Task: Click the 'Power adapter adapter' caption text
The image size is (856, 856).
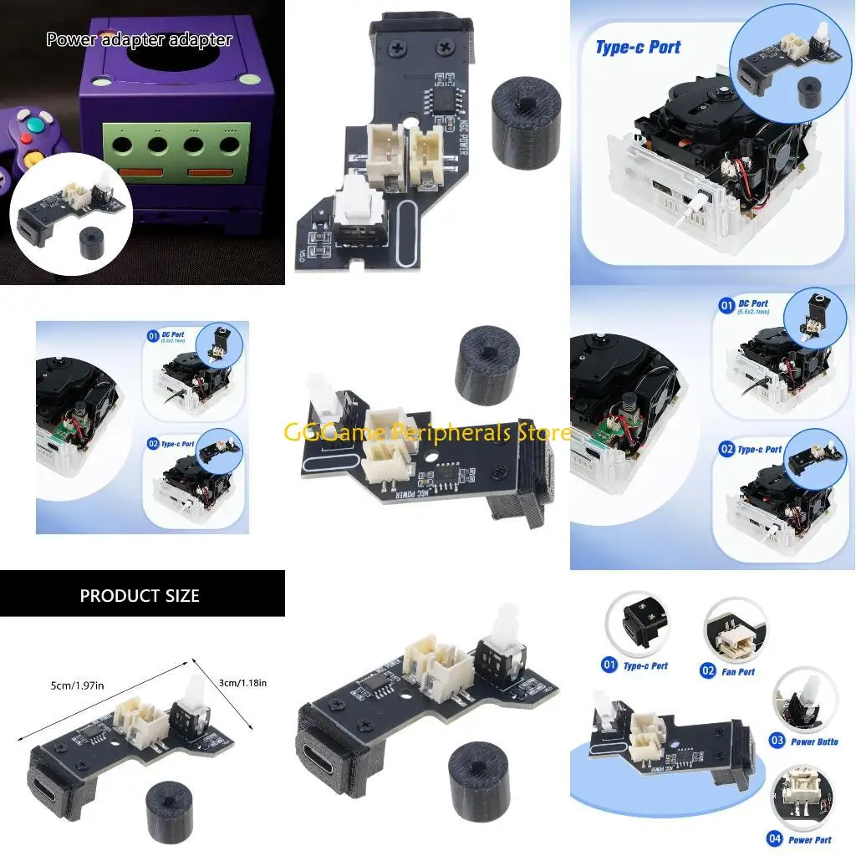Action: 139,39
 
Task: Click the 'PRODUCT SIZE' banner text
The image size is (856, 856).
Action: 140,596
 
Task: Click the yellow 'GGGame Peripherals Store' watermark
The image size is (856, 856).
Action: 427,432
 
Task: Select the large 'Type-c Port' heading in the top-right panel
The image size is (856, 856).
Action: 638,48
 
